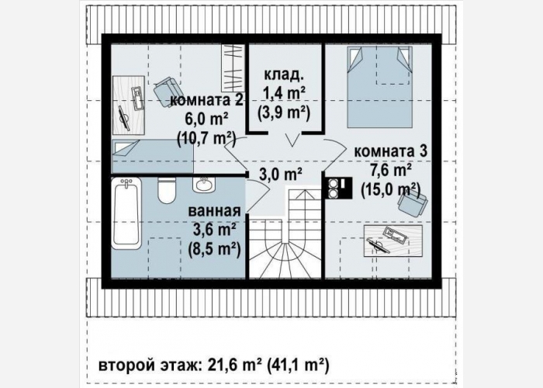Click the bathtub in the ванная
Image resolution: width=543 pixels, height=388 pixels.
(x=126, y=213)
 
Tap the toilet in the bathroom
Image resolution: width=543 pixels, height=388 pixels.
(x=167, y=191)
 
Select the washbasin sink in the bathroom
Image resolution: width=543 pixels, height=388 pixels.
(x=204, y=185)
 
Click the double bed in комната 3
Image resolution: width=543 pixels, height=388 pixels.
(x=379, y=87)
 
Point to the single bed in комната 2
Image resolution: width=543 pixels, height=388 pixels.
(x=152, y=156)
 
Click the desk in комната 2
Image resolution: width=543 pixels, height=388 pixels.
(x=129, y=105)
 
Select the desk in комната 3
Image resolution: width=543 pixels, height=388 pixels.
(x=393, y=241)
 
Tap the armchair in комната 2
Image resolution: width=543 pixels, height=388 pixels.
(x=166, y=92)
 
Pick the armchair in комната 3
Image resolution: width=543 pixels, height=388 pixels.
(x=413, y=204)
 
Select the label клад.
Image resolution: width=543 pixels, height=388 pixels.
(x=285, y=74)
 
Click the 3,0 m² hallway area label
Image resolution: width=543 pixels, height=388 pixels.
(x=281, y=175)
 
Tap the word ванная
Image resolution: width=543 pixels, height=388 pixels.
(x=214, y=211)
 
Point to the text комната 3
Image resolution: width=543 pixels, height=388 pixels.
(x=390, y=151)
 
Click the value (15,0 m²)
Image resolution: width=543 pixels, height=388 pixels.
(x=390, y=189)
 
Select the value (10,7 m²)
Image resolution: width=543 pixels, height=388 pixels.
(x=206, y=139)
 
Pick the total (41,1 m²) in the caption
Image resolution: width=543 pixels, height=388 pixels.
(x=297, y=365)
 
